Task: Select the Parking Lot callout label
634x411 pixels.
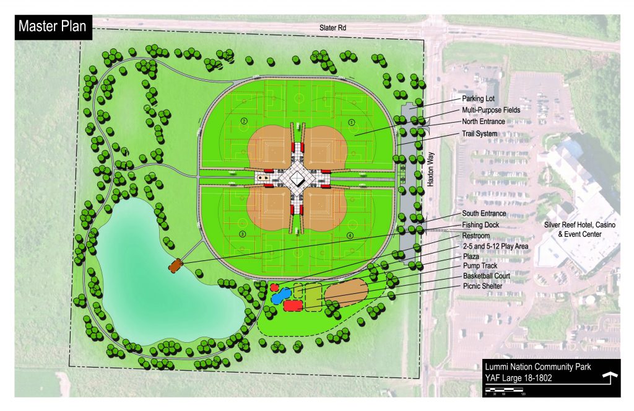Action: point(479,99)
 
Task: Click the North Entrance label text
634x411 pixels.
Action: point(484,122)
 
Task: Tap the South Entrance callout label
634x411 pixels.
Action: point(484,214)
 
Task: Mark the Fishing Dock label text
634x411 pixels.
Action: point(480,224)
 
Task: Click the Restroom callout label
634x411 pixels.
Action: point(475,236)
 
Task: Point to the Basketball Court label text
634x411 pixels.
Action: point(486,275)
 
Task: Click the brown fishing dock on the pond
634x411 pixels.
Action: point(176,265)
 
